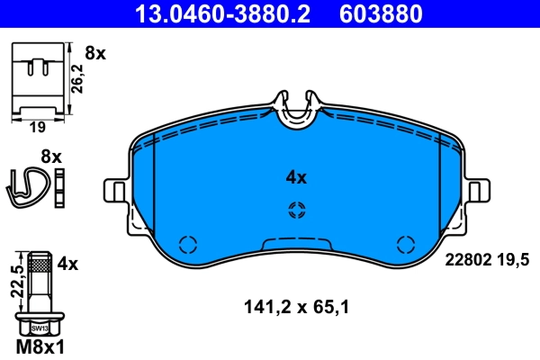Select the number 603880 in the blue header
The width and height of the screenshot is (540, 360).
pyautogui.click(x=379, y=13)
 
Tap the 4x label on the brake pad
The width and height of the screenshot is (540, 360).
pyautogui.click(x=296, y=177)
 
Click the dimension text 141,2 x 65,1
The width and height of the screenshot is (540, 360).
pyautogui.click(x=296, y=307)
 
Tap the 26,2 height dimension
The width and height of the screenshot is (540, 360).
pyautogui.click(x=78, y=77)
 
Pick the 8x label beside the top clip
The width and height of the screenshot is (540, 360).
pyautogui.click(x=94, y=54)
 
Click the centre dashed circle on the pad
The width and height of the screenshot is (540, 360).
pyautogui.click(x=296, y=211)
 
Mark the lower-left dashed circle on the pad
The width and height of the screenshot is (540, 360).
pyautogui.click(x=187, y=244)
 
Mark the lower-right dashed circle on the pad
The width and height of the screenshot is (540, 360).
pyautogui.click(x=406, y=244)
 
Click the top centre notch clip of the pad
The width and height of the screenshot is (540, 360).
pyautogui.click(x=296, y=111)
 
